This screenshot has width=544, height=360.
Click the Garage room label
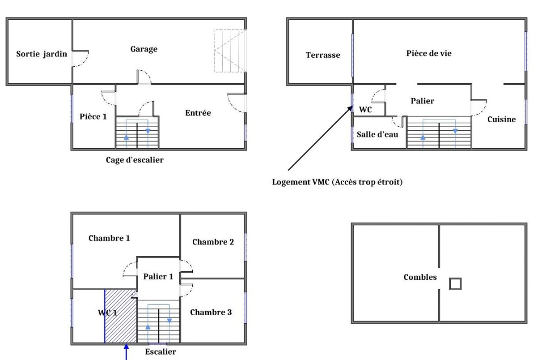[143, 49]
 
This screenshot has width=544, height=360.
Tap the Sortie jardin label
[42, 54]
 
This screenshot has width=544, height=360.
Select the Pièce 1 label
[93, 116]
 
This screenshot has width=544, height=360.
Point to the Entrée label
[198, 113]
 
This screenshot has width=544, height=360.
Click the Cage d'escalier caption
[135, 160]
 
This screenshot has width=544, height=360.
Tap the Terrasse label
[323, 55]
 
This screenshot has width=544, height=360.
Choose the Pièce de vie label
[429, 53]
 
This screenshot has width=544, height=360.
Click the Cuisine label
[501, 120]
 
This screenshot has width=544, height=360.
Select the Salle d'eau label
[378, 134]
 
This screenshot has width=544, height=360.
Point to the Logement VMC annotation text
[337, 182]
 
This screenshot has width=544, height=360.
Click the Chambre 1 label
[109, 238]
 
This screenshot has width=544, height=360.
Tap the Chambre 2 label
[213, 242]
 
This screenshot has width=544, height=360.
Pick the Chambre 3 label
[211, 312]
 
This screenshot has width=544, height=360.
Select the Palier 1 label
[158, 276]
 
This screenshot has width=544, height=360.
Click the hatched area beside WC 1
[121, 316]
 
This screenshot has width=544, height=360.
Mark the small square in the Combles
[455, 284]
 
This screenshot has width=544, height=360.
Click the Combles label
[420, 277]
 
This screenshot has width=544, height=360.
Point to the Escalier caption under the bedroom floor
[160, 352]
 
